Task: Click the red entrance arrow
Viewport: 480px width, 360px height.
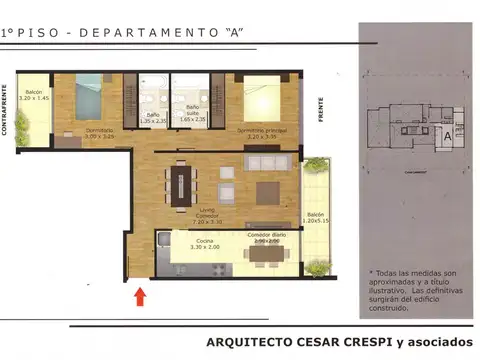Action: [139, 295]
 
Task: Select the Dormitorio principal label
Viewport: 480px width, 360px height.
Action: [262, 133]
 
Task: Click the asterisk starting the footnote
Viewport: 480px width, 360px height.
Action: [372, 273]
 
